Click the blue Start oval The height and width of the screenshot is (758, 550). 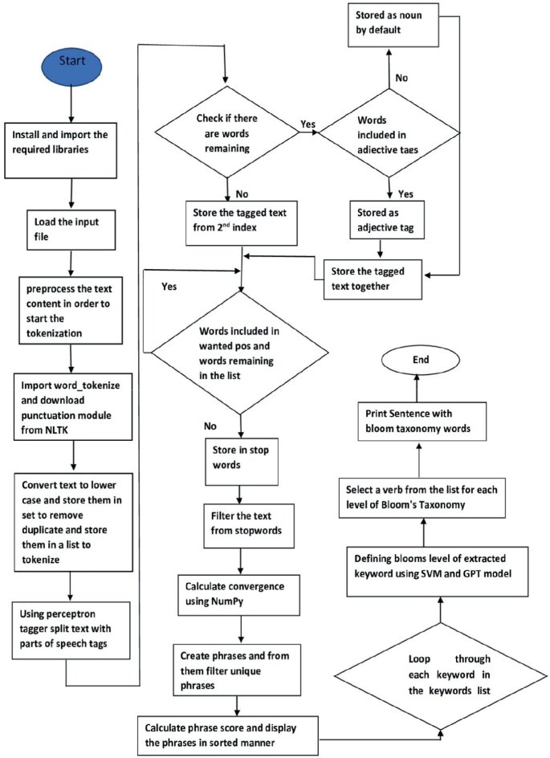pos(71,63)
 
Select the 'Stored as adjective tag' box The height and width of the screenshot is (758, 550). pos(388,220)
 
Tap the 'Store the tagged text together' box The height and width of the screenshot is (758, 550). pos(372,279)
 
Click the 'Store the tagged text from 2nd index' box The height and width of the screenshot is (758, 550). pos(241,218)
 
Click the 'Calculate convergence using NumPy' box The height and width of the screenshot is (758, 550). pos(240,591)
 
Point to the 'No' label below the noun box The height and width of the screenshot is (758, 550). pos(401,79)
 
